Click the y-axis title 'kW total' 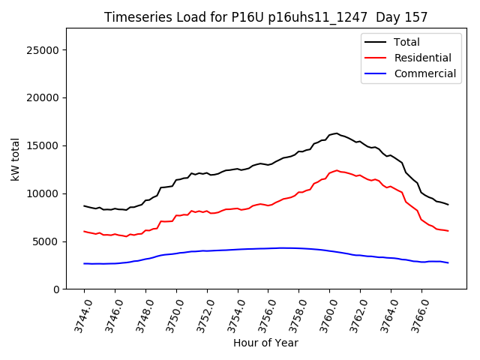coord(16,158)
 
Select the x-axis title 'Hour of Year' coord(265,343)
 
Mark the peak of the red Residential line coord(336,170)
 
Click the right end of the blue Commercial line coord(448,262)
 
